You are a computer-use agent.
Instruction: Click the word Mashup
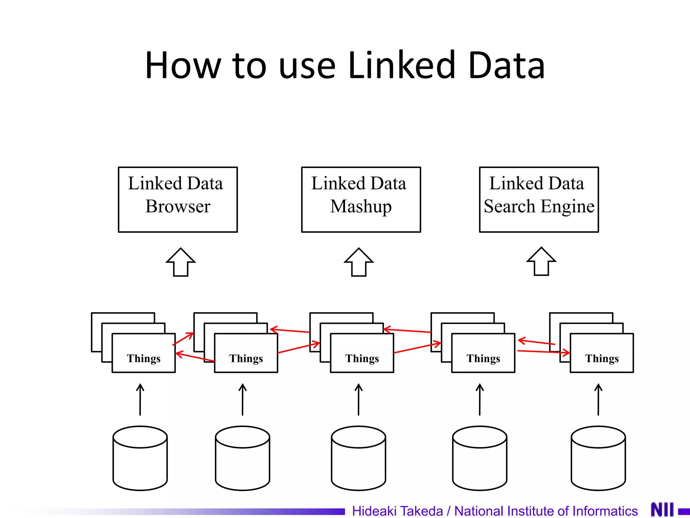pos(361,206)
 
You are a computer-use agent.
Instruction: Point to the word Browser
pos(178,206)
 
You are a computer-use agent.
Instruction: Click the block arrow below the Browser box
pos(181,263)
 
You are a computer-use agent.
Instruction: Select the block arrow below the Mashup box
pos(359,263)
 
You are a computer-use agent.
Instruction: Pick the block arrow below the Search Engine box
pos(541,262)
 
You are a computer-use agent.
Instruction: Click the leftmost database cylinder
pos(140,459)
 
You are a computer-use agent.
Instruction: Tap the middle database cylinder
pos(358,459)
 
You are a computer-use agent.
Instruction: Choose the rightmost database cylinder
pos(598,459)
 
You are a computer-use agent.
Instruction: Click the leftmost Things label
pos(144,358)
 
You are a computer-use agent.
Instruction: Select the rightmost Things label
pos(602,358)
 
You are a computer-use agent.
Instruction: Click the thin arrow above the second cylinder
pos(243,400)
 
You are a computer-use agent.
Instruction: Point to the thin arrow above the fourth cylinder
pos(480,400)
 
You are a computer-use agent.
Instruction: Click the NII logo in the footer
pos(662,510)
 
